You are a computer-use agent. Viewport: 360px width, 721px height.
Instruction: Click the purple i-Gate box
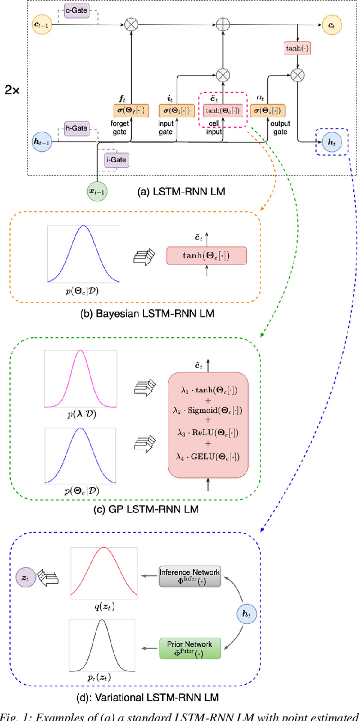pyautogui.click(x=116, y=161)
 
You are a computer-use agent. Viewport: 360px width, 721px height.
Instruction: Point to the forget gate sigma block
pyautogui.click(x=130, y=111)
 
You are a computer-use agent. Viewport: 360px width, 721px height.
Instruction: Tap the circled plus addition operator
pyautogui.click(x=224, y=25)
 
